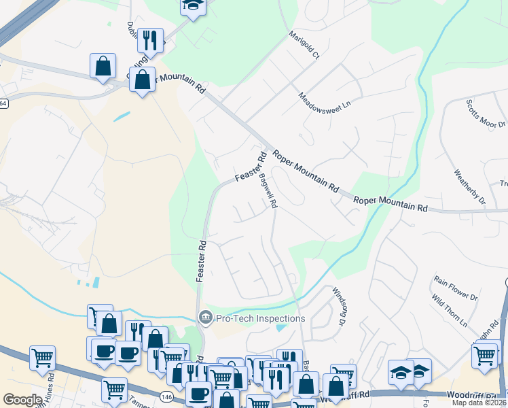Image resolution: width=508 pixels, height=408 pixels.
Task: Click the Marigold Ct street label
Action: [x=304, y=45]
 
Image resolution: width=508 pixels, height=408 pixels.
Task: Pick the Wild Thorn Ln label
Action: [x=450, y=311]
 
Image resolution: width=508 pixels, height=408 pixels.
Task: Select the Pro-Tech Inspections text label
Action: [x=261, y=318]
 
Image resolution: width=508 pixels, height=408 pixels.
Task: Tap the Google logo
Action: [x=22, y=399]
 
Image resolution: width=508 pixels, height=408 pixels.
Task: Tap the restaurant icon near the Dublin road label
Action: [x=150, y=40]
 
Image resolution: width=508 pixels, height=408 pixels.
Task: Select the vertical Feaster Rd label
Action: [x=201, y=260]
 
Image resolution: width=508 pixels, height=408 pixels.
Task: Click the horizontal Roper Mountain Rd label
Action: [x=391, y=203]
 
